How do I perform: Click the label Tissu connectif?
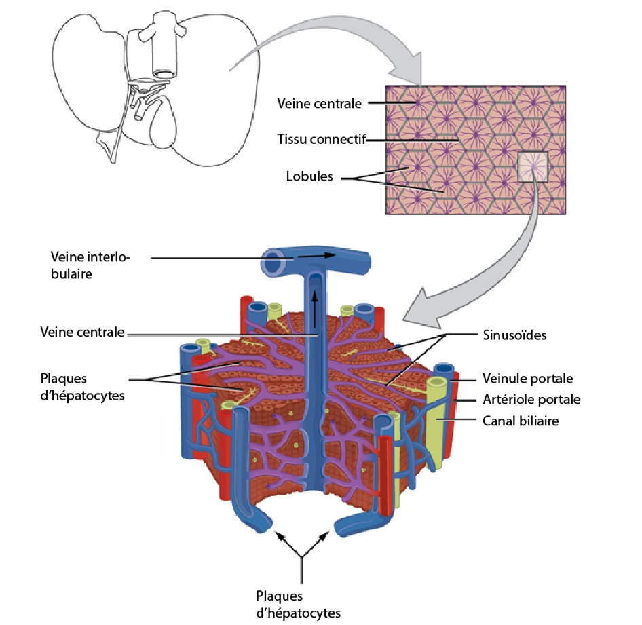(322, 140)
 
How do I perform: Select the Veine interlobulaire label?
(90, 265)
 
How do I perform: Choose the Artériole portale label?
(531, 399)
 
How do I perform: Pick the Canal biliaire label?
(520, 421)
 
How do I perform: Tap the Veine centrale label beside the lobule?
(82, 333)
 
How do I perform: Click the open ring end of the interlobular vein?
(273, 261)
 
